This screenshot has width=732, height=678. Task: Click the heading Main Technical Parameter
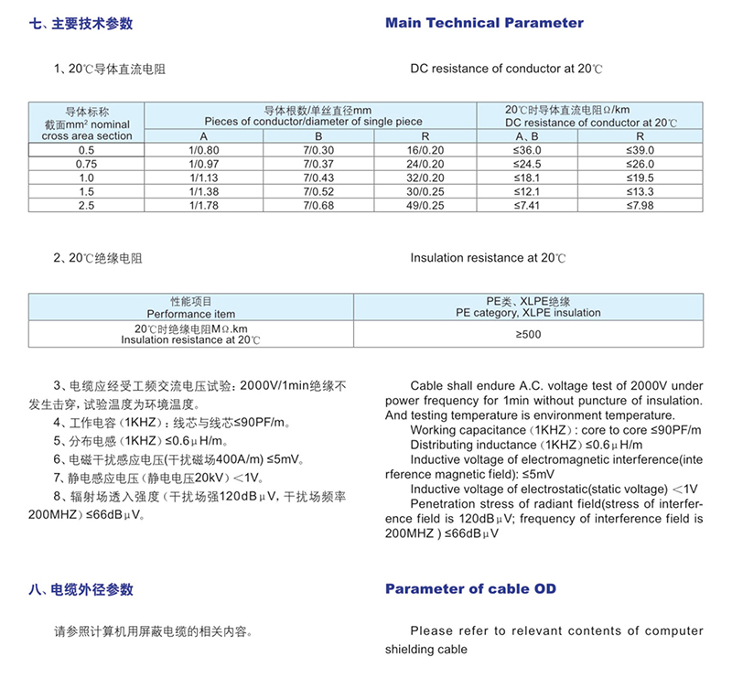(484, 23)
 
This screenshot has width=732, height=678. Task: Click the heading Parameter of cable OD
(470, 589)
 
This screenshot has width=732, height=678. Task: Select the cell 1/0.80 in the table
(204, 150)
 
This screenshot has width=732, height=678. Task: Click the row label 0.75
(87, 164)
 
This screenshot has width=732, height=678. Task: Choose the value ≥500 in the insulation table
(528, 334)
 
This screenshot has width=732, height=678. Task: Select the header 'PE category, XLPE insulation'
(528, 313)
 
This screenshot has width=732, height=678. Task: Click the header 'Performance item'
(190, 313)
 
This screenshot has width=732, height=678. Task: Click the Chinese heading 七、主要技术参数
(81, 24)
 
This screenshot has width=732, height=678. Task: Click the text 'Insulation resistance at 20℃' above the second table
(488, 258)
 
